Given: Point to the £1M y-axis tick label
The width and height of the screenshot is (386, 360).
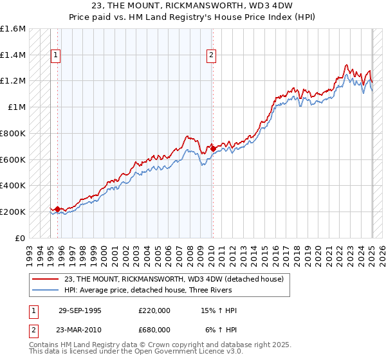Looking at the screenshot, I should (17, 107).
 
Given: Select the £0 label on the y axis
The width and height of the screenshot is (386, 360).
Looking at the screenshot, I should (21, 238).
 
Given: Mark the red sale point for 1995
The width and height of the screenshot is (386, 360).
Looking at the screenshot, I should (57, 209).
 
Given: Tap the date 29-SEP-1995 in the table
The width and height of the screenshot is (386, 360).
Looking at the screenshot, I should (80, 310).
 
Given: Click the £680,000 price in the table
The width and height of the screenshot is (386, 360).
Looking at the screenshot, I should (154, 329).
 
